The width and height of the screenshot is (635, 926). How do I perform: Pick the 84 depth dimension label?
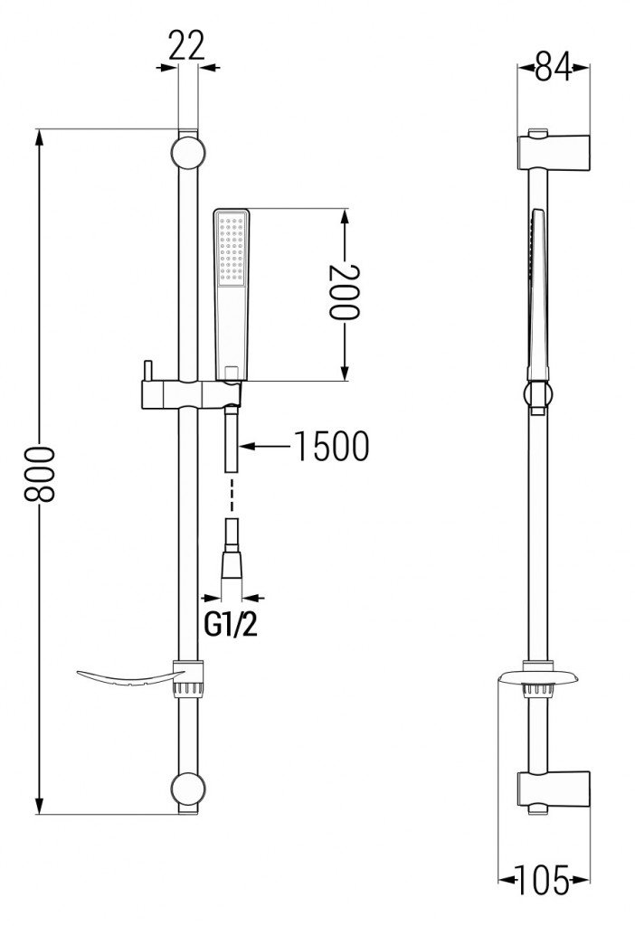[x=553, y=69]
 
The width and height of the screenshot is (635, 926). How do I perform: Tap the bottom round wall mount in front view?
[x=186, y=789]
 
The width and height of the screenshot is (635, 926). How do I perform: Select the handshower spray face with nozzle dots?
[x=232, y=246]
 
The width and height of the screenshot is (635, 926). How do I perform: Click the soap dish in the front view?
[x=127, y=677]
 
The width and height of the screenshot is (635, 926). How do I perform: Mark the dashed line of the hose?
[x=232, y=496]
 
